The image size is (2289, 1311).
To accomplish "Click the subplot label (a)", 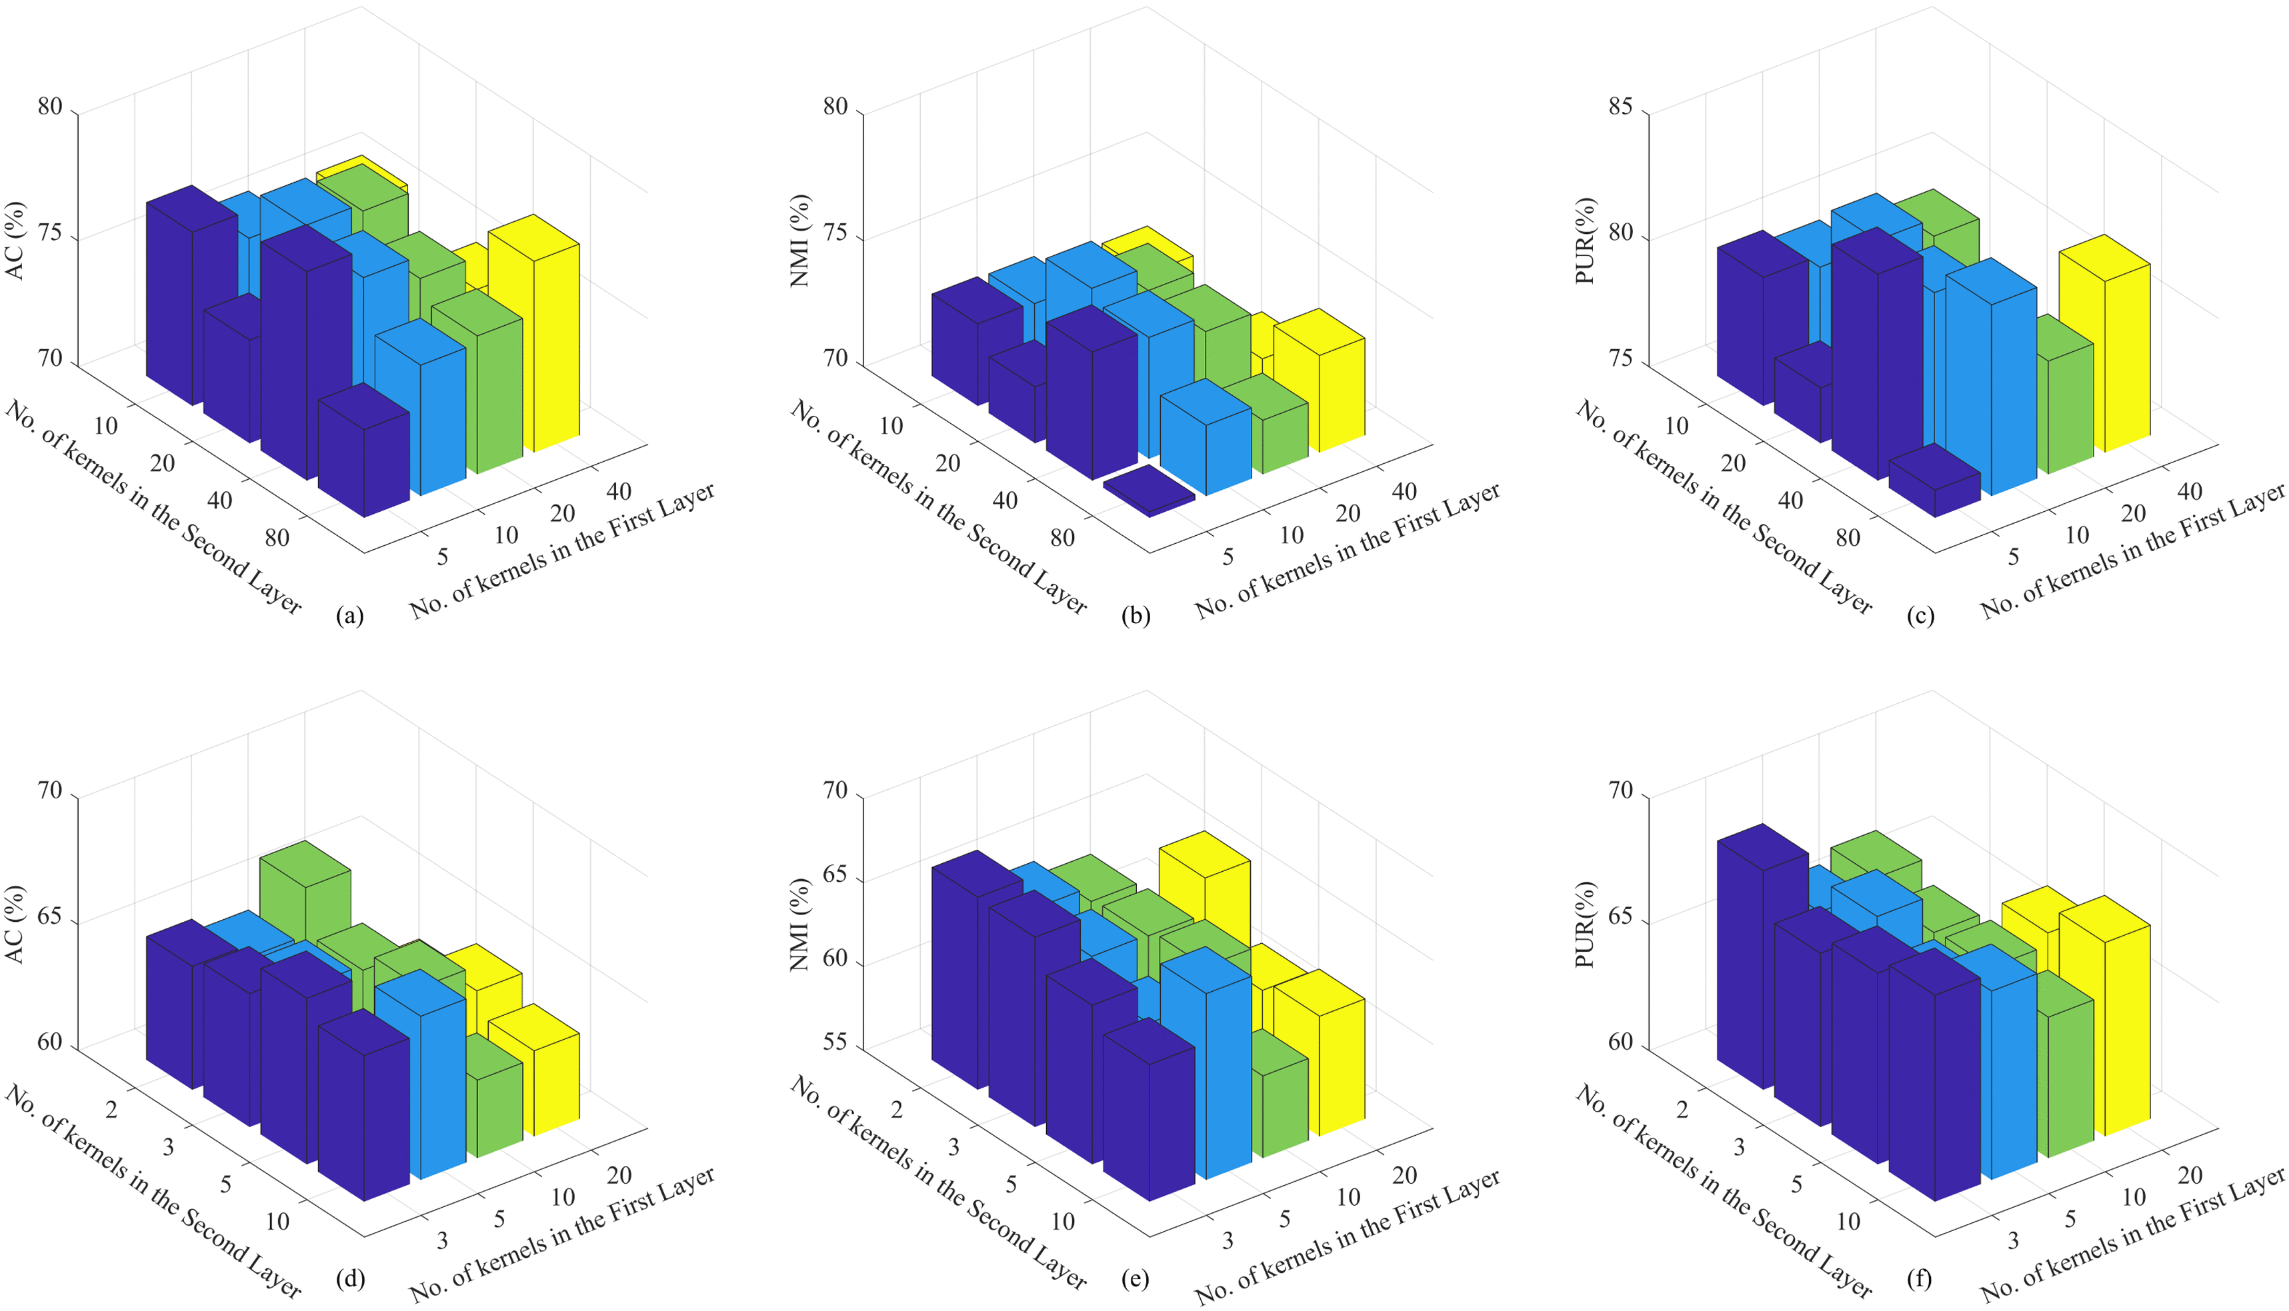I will coord(349,616).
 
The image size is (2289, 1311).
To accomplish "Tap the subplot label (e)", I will coord(1135,1278).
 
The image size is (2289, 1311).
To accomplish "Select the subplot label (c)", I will coord(1920,616).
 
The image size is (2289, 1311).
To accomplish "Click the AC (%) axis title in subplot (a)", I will coord(16,241).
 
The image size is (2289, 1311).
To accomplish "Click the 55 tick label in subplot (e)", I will coord(835,1042).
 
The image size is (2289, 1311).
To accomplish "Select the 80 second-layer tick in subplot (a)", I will coord(277,539).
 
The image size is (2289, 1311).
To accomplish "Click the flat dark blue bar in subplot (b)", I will coord(1149,491).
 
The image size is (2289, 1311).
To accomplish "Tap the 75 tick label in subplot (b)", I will coord(835,239).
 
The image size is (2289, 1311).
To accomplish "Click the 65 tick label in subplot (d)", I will coord(51,923).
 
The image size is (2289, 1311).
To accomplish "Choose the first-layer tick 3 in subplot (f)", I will coord(2014,1242).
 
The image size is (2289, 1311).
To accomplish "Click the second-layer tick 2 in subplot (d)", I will coord(111,1109).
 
